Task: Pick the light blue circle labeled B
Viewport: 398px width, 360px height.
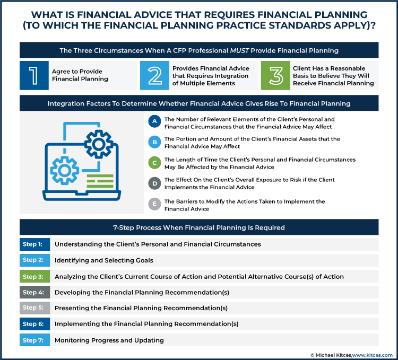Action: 154,142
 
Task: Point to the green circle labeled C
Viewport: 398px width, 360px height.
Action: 154,162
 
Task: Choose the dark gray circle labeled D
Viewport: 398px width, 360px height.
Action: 154,182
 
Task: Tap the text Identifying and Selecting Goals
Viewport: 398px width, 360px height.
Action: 104,260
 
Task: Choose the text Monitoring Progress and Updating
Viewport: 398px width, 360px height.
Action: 109,340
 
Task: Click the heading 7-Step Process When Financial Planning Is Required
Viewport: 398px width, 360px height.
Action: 199,227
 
